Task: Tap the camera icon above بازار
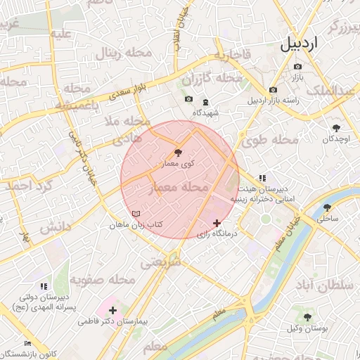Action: click(x=298, y=67)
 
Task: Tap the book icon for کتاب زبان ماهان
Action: click(x=136, y=214)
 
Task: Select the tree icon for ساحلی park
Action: click(x=328, y=207)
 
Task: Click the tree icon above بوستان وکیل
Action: click(x=307, y=317)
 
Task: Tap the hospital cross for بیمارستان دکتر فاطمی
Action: click(x=112, y=310)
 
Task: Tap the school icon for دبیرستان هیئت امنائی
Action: click(x=262, y=178)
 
